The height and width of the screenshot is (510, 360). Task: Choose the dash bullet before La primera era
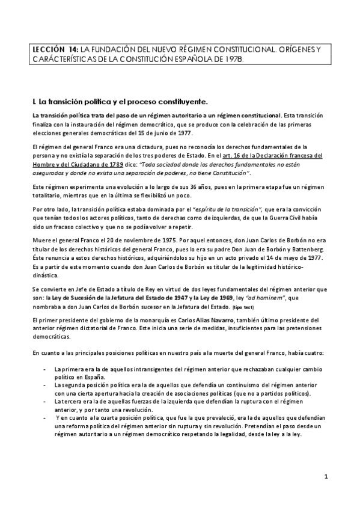pos(46,368)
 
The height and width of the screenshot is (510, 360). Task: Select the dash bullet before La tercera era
pos(46,400)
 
